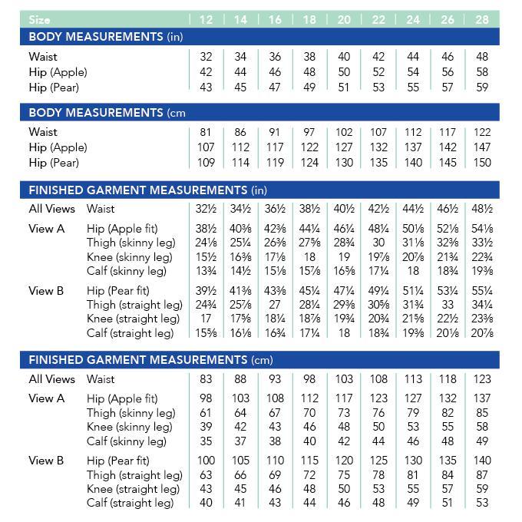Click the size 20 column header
click(x=344, y=19)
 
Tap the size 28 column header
click(x=482, y=19)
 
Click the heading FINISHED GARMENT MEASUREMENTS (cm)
click(x=150, y=360)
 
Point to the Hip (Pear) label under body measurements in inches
click(x=54, y=88)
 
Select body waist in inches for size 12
click(x=206, y=57)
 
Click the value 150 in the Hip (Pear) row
click(x=482, y=163)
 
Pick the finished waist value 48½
click(x=482, y=209)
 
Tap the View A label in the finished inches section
click(x=47, y=229)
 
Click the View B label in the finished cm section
click(x=47, y=461)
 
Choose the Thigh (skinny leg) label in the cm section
click(x=131, y=413)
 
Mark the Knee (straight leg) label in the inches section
click(x=134, y=319)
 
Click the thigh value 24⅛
click(x=206, y=243)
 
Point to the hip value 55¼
click(x=482, y=291)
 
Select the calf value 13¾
click(x=206, y=272)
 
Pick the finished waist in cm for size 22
click(x=378, y=379)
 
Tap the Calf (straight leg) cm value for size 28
click(x=482, y=503)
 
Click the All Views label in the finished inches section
click(x=51, y=209)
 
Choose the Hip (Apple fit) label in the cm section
click(x=122, y=398)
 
